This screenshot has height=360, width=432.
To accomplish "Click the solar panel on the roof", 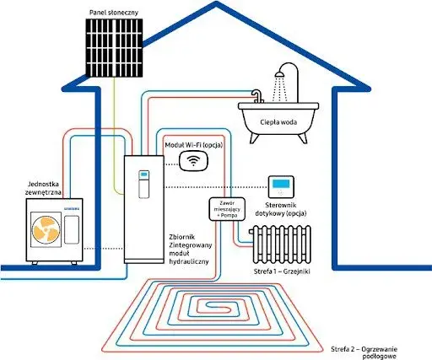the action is [x=114, y=48].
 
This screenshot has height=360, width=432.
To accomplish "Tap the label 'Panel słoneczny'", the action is [x=114, y=13].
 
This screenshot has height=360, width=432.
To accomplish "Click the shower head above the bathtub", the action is [x=279, y=74].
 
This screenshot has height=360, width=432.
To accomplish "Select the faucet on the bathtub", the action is [x=257, y=96].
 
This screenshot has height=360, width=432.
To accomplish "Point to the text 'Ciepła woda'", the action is [x=278, y=122].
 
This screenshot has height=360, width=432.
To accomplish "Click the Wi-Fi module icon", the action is [x=193, y=161].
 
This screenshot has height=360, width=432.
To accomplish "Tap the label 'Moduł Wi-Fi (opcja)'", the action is [x=194, y=145].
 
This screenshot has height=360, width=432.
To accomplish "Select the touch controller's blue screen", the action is [x=281, y=184].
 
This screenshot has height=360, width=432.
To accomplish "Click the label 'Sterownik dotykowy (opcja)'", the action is [x=281, y=209].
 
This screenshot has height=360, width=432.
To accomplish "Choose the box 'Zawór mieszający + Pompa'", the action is [x=227, y=209].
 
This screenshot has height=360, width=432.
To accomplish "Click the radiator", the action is [x=280, y=244].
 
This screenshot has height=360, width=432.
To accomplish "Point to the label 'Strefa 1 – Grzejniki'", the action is [x=282, y=271].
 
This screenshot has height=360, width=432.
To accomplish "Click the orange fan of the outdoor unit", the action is [x=46, y=230].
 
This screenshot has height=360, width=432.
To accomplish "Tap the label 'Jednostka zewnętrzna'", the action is [x=43, y=188].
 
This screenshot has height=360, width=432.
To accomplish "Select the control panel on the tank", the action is [x=144, y=184].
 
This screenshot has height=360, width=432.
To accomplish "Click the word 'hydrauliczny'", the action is [x=189, y=261].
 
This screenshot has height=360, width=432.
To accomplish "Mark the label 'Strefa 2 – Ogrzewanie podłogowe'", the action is [x=364, y=352].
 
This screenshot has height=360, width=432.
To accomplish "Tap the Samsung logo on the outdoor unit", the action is [x=72, y=209].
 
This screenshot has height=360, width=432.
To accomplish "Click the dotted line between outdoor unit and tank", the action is [x=104, y=249].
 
